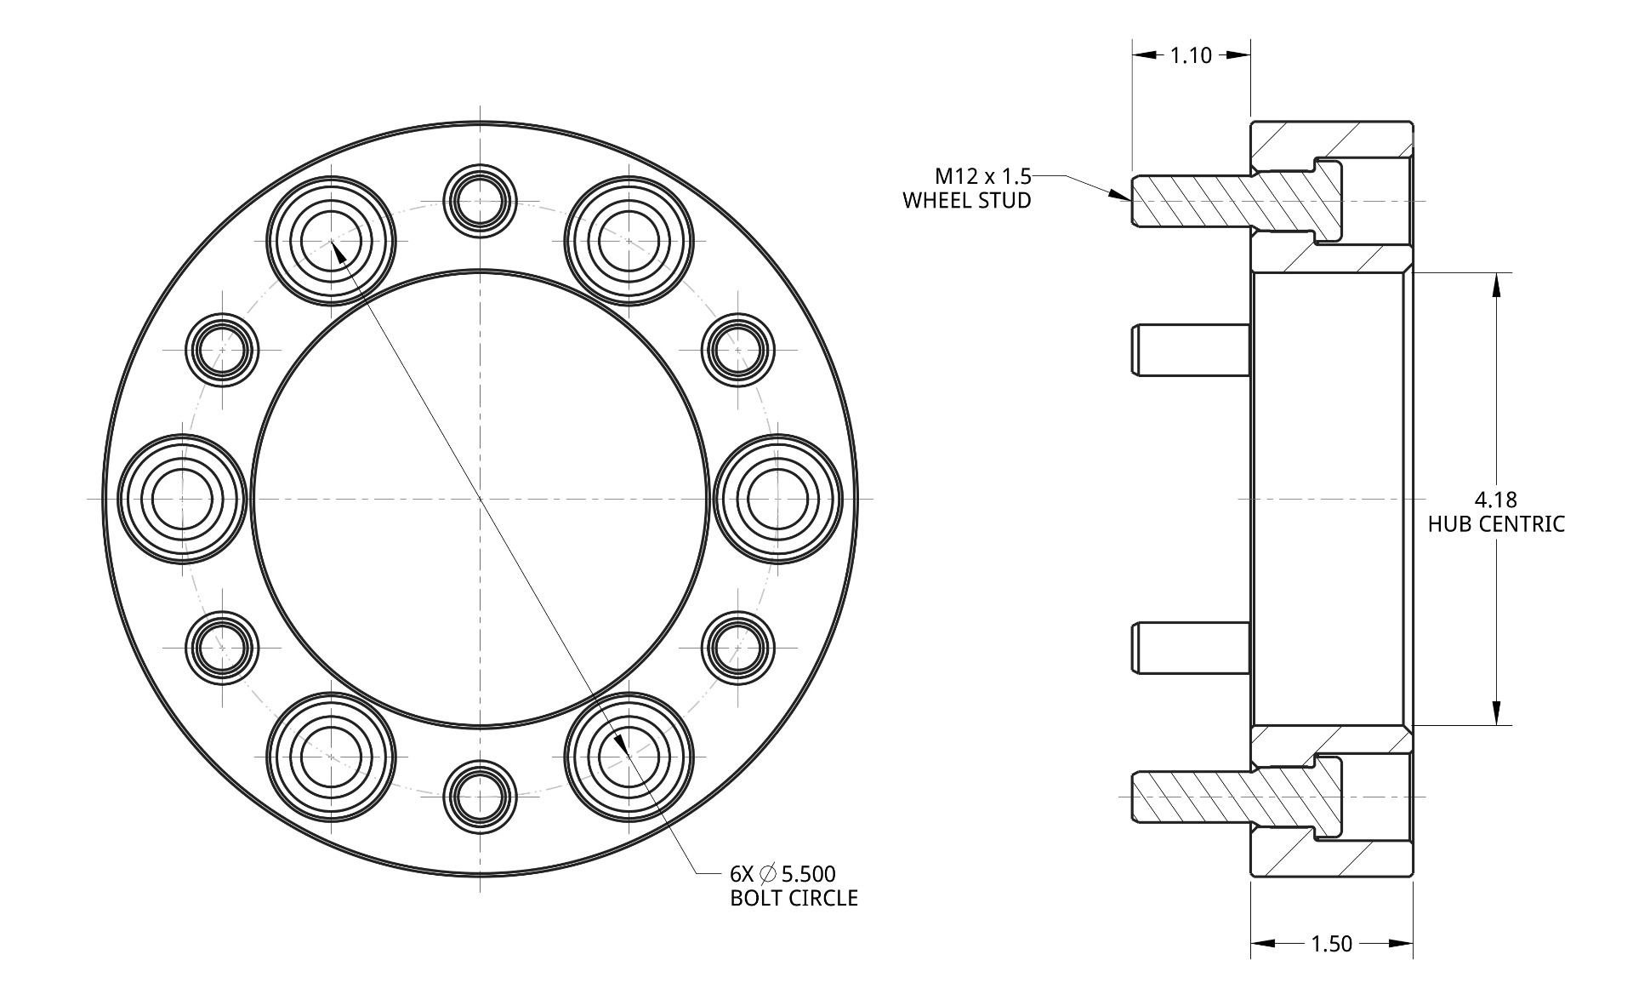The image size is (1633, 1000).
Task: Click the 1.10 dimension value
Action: coord(1191,56)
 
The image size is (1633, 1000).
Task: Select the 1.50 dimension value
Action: coord(1331,944)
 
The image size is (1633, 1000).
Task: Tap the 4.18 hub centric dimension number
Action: coord(1496,499)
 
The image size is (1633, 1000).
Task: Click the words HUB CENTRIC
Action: coord(1496,524)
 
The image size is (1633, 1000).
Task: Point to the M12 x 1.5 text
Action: coord(983,176)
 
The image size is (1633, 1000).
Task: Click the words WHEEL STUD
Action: coord(967,201)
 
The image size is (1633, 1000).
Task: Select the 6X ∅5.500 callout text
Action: coord(782,873)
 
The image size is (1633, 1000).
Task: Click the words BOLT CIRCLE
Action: coord(794,898)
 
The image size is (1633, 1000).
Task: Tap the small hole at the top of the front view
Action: coord(481,201)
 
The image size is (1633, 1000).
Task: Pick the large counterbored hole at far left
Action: coord(182,499)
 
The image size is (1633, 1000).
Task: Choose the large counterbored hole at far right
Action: coord(778,499)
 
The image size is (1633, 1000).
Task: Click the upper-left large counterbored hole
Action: coord(331,241)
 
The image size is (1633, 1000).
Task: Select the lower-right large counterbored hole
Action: coord(629,756)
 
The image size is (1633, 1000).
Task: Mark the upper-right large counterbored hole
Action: coord(629,241)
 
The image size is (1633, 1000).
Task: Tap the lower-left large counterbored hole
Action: coord(331,756)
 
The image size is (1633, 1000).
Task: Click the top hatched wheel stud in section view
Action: coord(1238,202)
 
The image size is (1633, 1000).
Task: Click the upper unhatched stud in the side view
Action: coord(1191,350)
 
